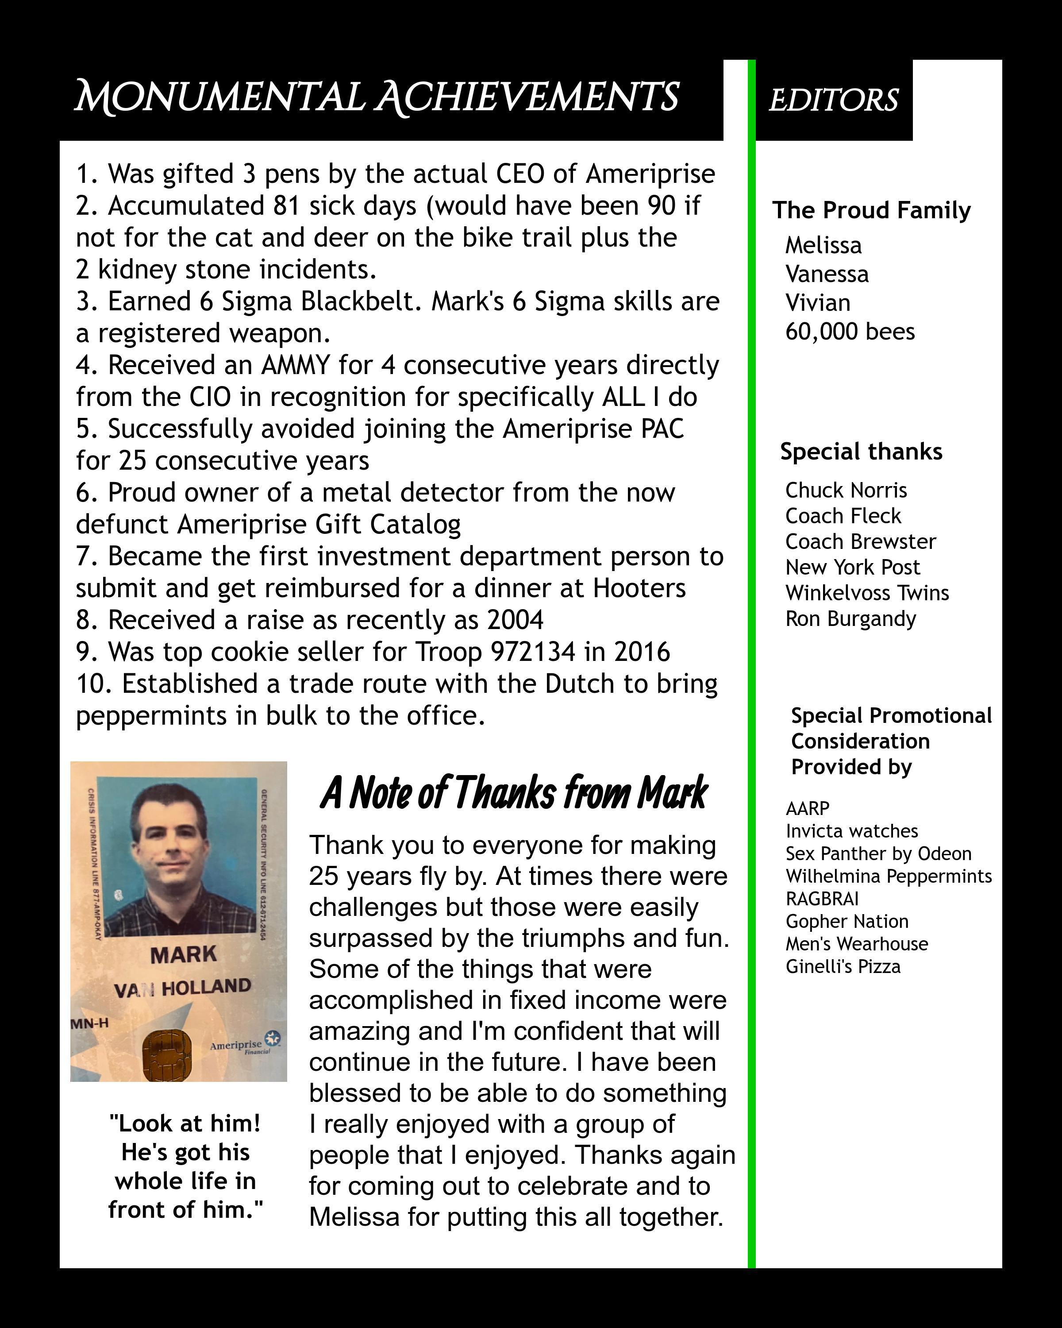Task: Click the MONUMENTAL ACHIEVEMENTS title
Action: pos(376,97)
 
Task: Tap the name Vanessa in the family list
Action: pos(827,274)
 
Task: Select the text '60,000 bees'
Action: pos(850,332)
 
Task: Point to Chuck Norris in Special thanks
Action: pos(846,490)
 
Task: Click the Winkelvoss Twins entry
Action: pos(867,593)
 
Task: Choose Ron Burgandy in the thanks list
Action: pos(850,618)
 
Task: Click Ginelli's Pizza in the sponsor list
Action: pos(843,966)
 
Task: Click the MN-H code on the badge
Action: pos(90,1023)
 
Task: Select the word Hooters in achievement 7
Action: pos(639,588)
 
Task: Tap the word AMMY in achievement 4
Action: pos(296,365)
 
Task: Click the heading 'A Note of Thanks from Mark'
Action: pos(514,793)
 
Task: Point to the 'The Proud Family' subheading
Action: pos(871,211)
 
